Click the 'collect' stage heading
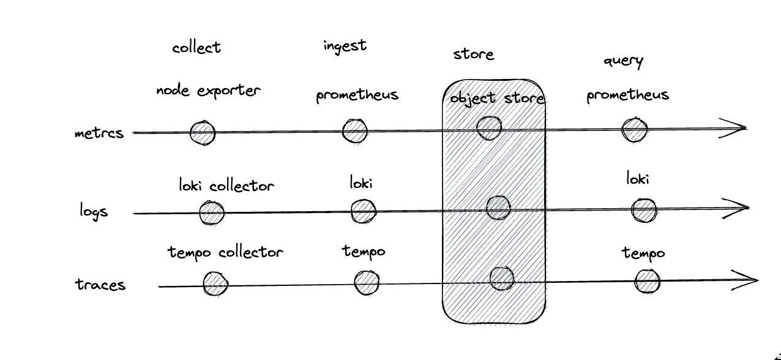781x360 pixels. pyautogui.click(x=196, y=48)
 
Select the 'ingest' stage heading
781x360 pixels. pyautogui.click(x=345, y=46)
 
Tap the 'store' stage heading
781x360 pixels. pyautogui.click(x=473, y=54)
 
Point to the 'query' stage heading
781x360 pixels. pyautogui.click(x=623, y=61)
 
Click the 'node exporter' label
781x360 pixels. pyautogui.click(x=208, y=91)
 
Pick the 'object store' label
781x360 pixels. pyautogui.click(x=497, y=98)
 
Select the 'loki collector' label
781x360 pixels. pyautogui.click(x=226, y=185)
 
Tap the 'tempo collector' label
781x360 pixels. pyautogui.click(x=225, y=252)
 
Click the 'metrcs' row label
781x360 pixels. pyautogui.click(x=99, y=133)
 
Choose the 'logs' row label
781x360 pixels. pyautogui.click(x=94, y=211)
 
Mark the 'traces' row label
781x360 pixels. pyautogui.click(x=100, y=285)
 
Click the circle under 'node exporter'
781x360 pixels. pyautogui.click(x=203, y=133)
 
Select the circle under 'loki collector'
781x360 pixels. pyautogui.click(x=212, y=213)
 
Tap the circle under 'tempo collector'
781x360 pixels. pyautogui.click(x=215, y=284)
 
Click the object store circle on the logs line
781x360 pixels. pyautogui.click(x=498, y=208)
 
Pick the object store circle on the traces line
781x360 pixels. pyautogui.click(x=502, y=279)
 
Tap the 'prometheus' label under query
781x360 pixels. pyautogui.click(x=627, y=96)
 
